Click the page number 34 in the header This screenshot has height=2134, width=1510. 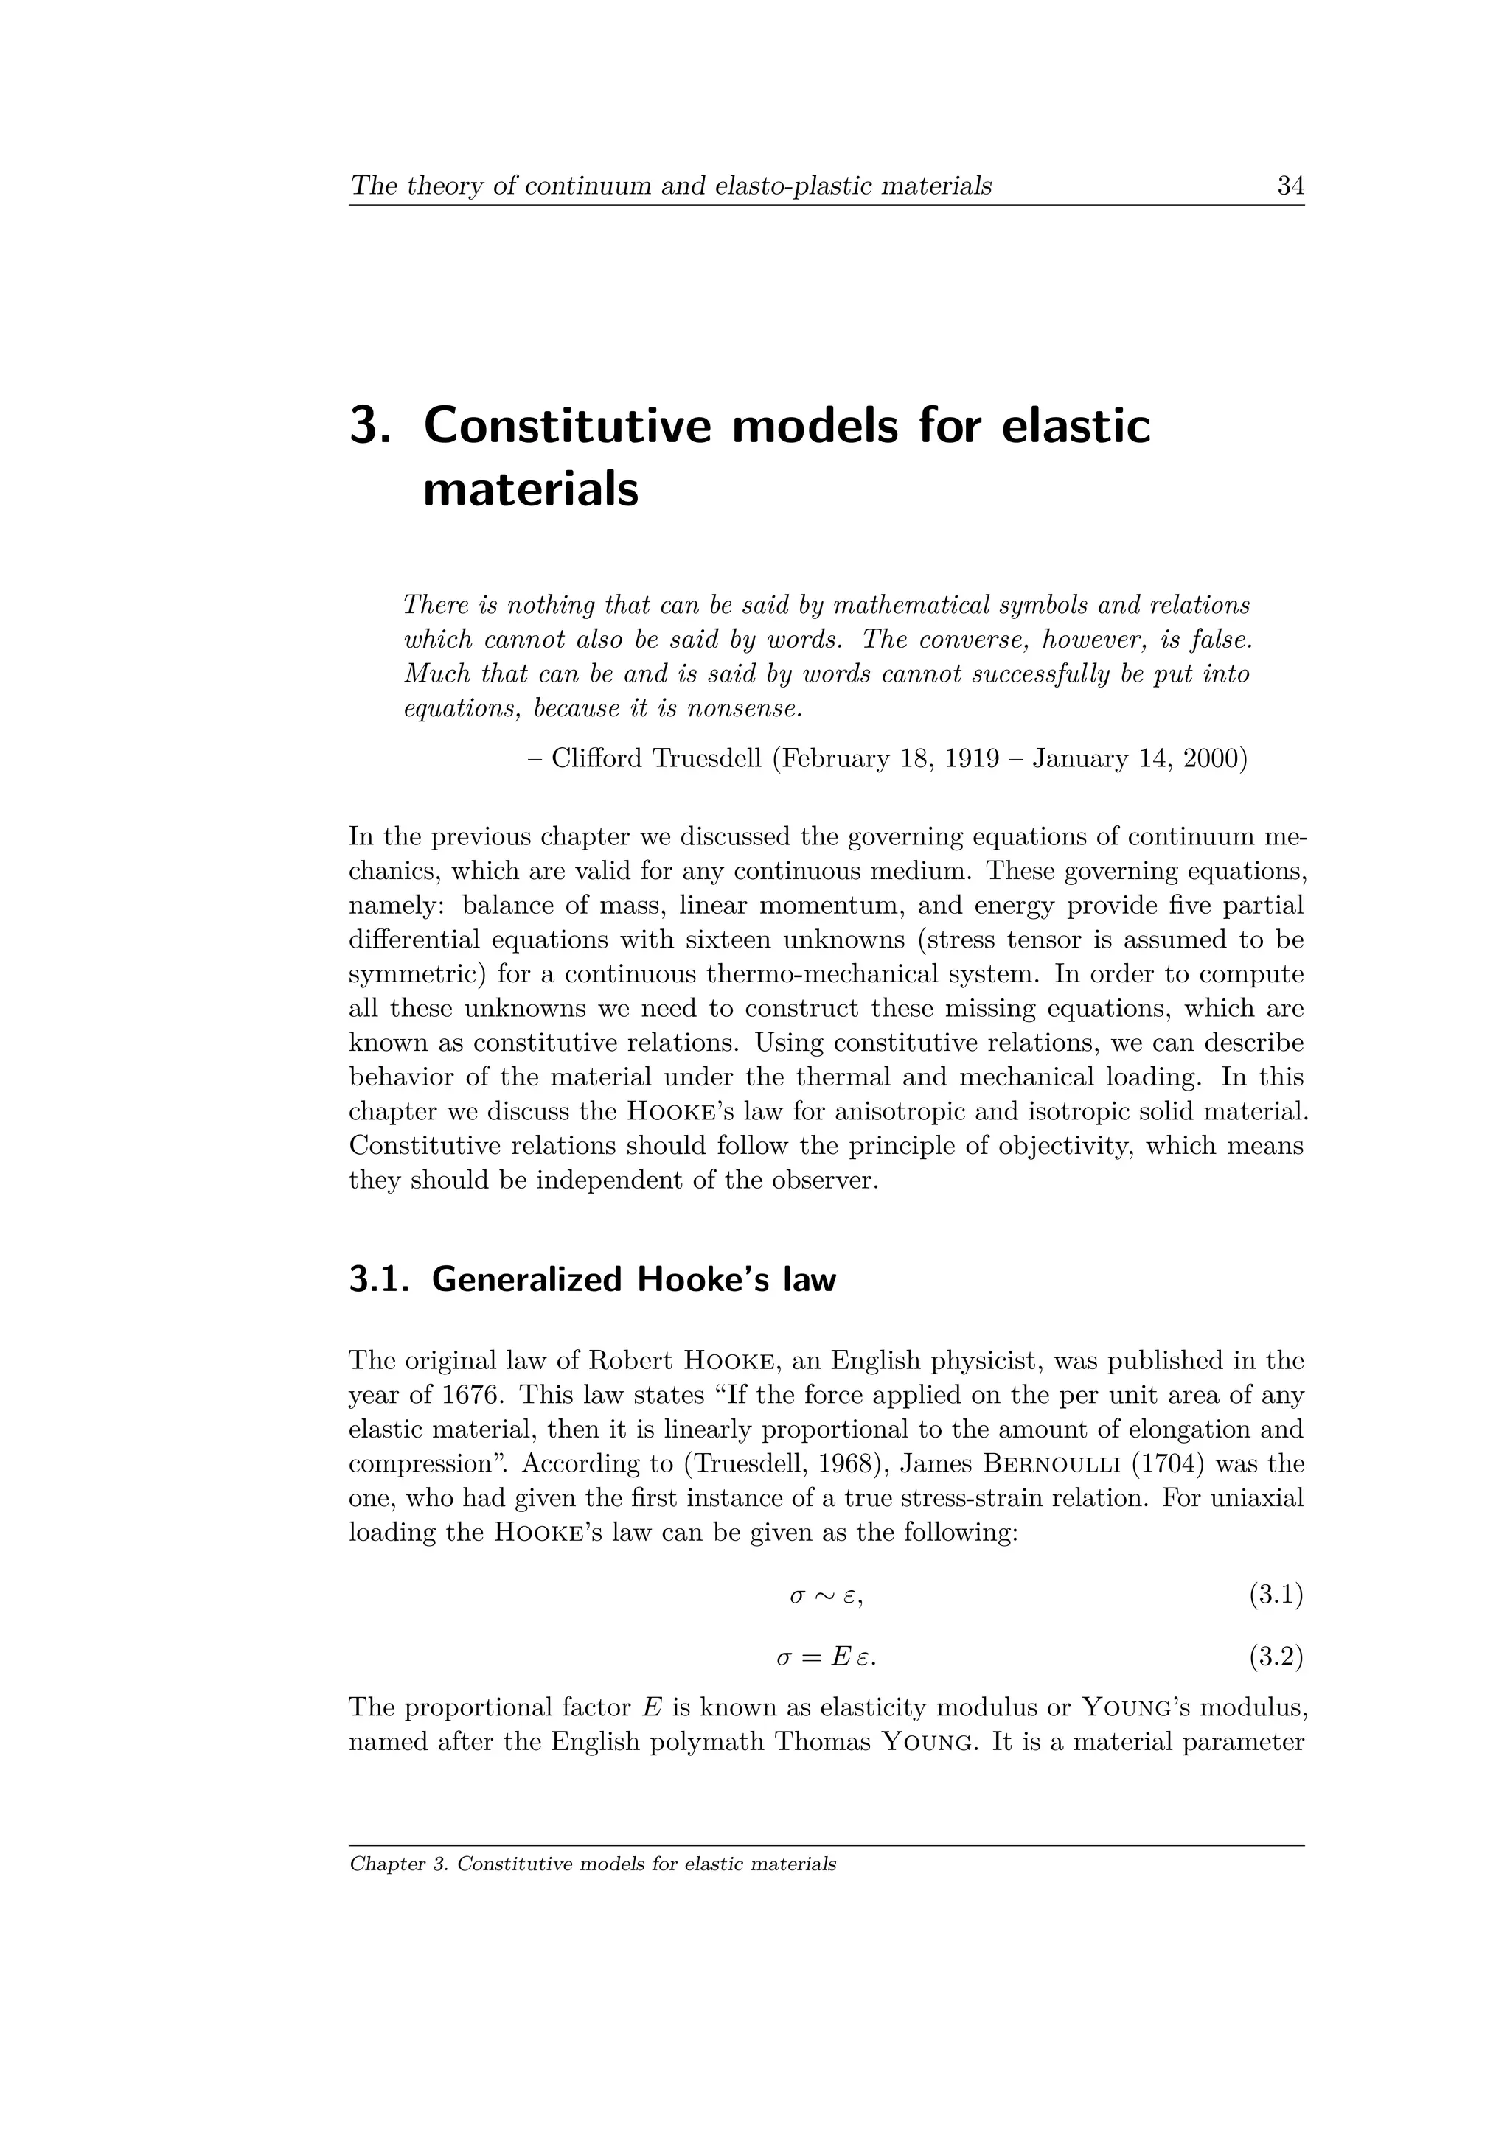1290,187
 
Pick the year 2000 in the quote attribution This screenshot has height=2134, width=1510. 1212,760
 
